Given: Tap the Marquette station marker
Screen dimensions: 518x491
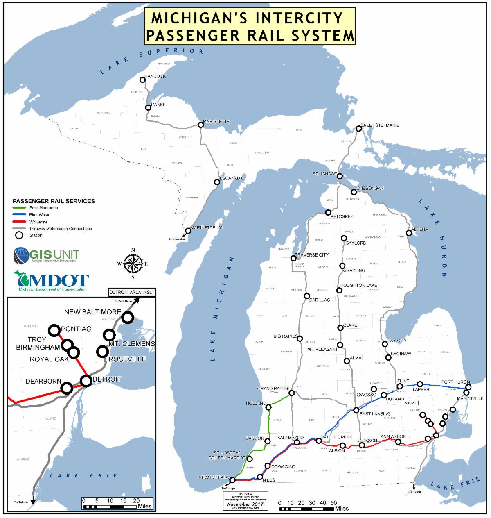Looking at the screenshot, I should point(200,125).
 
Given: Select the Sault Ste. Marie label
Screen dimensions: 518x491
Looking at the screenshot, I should point(379,125).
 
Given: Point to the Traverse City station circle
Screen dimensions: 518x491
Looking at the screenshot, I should point(293,258).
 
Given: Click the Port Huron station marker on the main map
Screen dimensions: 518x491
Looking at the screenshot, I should point(468,387).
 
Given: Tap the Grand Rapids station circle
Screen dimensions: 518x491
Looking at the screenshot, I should point(291,393).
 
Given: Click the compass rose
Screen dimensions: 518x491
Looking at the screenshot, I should point(133,264).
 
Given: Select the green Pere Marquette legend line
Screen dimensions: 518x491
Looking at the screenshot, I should point(20,208).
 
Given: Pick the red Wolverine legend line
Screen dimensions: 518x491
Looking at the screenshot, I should point(20,222).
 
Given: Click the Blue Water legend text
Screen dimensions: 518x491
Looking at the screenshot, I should point(39,215).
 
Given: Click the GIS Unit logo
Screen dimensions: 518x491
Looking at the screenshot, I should point(46,255).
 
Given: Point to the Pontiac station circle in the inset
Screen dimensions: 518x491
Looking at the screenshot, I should point(54,329).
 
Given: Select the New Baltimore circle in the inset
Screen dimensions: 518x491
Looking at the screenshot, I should point(128,317).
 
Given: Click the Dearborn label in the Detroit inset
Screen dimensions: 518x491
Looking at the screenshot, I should point(43,381).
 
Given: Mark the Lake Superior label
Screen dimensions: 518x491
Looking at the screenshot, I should point(151,61).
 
